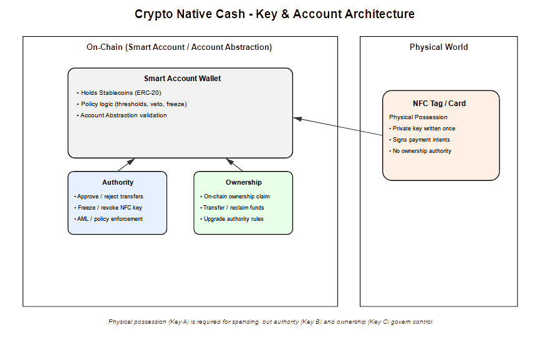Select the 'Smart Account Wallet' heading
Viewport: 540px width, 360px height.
[182, 79]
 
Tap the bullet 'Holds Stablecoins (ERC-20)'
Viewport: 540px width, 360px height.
[121, 93]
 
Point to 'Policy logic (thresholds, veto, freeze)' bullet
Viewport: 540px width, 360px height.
[133, 104]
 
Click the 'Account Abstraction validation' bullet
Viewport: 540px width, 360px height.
[123, 115]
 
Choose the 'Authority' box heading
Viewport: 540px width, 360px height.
[118, 182]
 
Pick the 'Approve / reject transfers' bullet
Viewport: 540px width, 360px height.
[110, 197]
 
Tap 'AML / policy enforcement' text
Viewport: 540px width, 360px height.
[110, 219]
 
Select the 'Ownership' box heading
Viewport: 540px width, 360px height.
[243, 182]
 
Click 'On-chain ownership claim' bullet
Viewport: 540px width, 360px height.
[236, 197]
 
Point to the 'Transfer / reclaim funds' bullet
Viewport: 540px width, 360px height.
[234, 208]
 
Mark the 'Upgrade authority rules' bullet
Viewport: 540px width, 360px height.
[233, 219]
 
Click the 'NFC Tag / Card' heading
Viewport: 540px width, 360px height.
[439, 104]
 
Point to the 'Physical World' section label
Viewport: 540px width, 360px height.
[438, 47]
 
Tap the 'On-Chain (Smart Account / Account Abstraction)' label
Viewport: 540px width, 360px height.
[180, 47]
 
